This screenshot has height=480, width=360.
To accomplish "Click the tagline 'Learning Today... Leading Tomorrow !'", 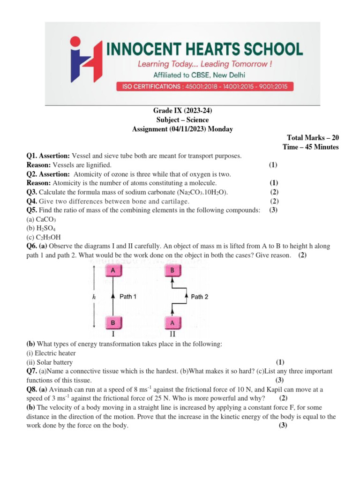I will click(x=204, y=64).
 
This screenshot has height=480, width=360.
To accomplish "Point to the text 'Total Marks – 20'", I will click(x=313, y=138).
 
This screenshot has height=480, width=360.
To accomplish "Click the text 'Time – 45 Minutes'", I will click(x=311, y=147).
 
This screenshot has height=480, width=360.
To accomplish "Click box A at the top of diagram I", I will click(x=113, y=271).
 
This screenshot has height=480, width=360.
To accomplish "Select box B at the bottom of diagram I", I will click(x=113, y=323).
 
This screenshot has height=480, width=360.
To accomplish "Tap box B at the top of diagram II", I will click(x=172, y=271).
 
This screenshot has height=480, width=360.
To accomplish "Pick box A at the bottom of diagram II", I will click(x=172, y=323).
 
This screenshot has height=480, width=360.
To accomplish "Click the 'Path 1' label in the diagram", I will click(x=128, y=297).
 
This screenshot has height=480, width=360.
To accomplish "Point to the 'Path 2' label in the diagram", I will click(x=200, y=297).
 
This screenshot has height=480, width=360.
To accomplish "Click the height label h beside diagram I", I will click(x=94, y=297).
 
